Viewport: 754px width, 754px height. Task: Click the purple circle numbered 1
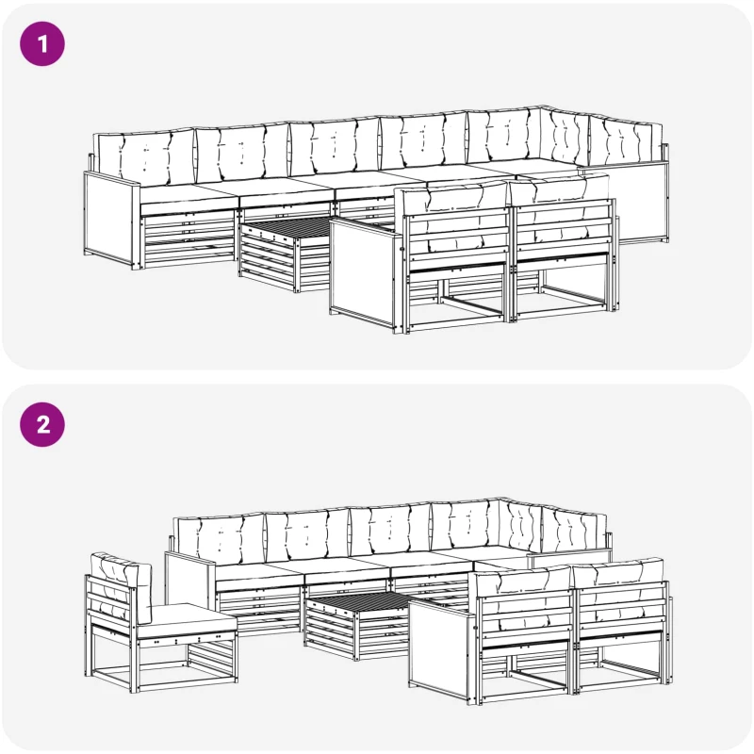click(42, 43)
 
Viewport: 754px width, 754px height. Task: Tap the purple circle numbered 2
click(42, 425)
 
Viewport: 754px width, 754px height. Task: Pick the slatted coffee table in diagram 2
click(358, 624)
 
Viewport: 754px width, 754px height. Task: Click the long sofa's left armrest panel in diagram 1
click(110, 220)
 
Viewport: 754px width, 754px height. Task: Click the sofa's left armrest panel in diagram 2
click(189, 582)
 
